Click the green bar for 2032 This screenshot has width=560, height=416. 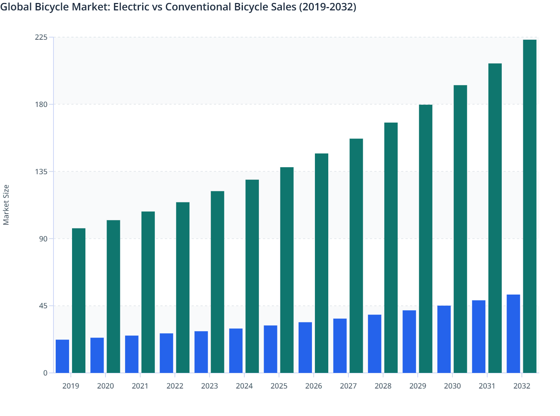pos(530,206)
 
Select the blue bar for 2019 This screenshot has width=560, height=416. pos(62,356)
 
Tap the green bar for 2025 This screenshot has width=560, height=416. pos(287,270)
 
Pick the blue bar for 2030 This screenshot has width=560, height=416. pos(444,339)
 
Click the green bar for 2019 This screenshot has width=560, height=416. pos(79,300)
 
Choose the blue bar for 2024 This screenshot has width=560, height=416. pos(236,351)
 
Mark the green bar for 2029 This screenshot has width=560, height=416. pos(426,239)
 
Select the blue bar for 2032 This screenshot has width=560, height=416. pos(513,334)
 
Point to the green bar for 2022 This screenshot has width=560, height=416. pos(183,287)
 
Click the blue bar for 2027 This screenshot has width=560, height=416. pos(340,346)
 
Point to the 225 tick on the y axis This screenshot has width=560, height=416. pos(41,37)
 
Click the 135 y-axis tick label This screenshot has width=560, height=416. pos(41,172)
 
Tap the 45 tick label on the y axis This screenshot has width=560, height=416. pos(43,306)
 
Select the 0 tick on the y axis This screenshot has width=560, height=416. pos(45,373)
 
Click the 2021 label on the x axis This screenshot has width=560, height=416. pos(140,386)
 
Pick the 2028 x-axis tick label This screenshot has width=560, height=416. pos(383,386)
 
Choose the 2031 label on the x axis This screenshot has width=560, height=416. pos(487,386)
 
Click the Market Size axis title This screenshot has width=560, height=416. pos(6,205)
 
